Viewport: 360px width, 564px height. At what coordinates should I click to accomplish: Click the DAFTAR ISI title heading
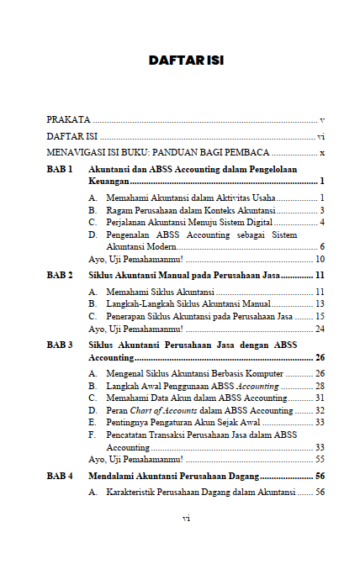point(185,61)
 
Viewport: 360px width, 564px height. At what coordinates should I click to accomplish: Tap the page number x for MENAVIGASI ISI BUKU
point(322,153)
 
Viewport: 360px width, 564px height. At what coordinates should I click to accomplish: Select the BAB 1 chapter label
point(60,170)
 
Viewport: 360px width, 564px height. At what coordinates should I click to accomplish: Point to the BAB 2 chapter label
point(60,275)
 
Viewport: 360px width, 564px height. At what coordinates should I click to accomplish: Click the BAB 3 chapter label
point(60,345)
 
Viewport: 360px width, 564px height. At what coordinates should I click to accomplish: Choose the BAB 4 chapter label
point(60,475)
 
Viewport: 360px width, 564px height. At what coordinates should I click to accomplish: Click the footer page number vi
point(186,519)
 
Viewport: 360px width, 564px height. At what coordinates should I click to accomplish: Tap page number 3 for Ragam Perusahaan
point(322,210)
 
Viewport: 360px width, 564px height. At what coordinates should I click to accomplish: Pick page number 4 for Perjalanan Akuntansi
point(322,222)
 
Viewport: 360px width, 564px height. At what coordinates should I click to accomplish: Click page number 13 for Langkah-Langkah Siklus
point(320,303)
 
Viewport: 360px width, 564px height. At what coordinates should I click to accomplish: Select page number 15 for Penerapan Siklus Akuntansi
point(320,316)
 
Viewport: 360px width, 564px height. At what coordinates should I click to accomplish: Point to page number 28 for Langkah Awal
point(320,385)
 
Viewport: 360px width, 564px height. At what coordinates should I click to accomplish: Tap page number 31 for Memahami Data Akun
point(320,398)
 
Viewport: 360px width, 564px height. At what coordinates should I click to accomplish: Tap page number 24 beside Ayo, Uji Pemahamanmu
point(320,329)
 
